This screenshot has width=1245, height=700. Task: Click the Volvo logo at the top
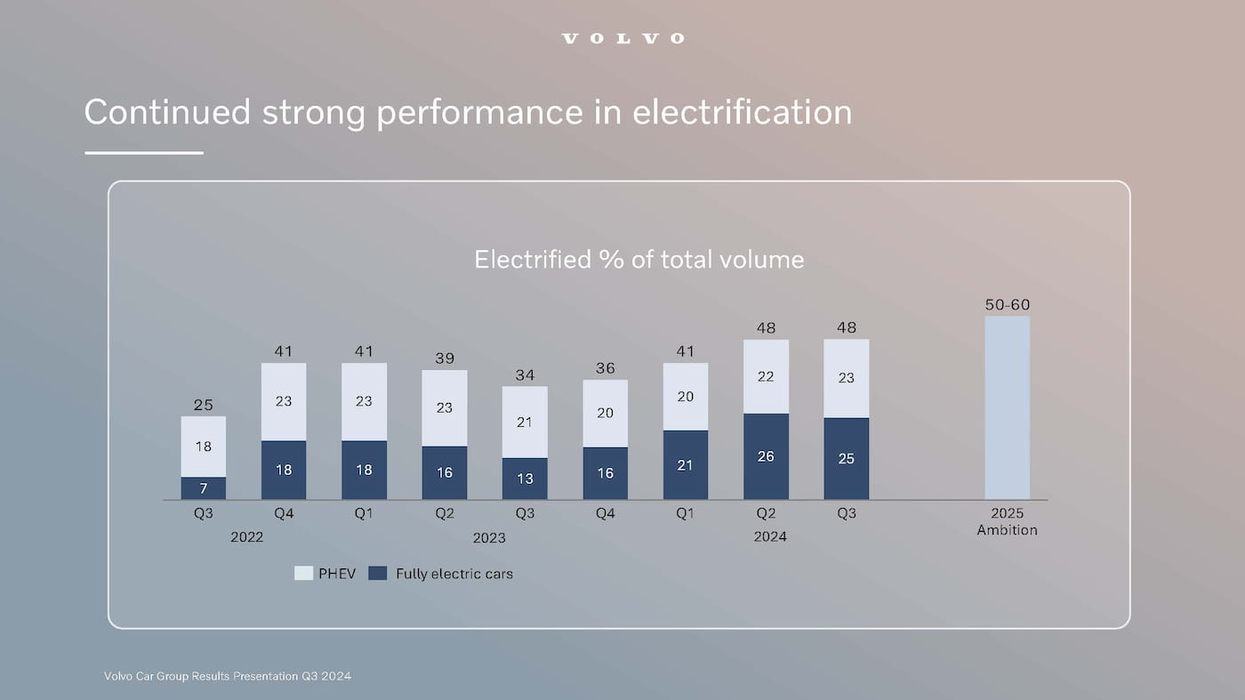click(622, 38)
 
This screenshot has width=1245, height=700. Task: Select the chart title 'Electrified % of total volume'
click(639, 259)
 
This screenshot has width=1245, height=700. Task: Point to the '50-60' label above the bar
click(1007, 305)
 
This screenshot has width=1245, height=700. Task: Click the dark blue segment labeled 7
click(204, 488)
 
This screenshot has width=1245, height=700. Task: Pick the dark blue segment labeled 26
click(766, 456)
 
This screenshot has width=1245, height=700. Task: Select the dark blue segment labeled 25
click(846, 458)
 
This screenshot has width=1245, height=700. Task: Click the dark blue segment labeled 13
click(525, 479)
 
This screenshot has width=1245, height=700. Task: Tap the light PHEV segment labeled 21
click(525, 422)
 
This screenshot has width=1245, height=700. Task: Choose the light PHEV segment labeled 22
click(766, 376)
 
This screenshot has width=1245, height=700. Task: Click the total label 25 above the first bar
click(204, 405)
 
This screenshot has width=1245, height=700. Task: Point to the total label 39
click(445, 358)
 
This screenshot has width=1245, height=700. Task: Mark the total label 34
click(525, 374)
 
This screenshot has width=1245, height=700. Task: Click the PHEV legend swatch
click(303, 574)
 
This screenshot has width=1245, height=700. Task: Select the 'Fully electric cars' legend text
click(454, 574)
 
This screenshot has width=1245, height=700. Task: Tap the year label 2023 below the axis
click(488, 537)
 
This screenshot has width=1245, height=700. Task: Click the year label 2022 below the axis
click(246, 537)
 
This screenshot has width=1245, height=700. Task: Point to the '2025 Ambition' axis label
click(1007, 521)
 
